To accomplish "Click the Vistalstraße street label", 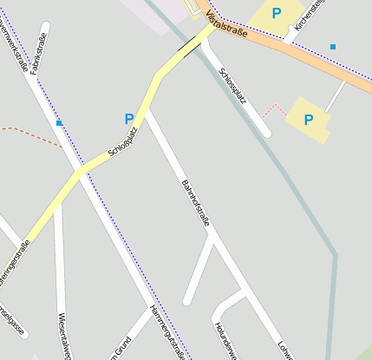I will [228, 29].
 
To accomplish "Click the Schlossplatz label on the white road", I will [233, 86].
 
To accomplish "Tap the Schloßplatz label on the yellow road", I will [122, 142].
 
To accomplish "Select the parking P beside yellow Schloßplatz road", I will [129, 119].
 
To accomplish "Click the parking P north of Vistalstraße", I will [277, 13].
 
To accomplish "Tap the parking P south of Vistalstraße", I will [308, 120].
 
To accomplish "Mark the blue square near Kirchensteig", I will [333, 46].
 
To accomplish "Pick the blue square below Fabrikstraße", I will [59, 123].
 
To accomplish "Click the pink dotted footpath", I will [274, 110].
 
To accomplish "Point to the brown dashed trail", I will [30, 132].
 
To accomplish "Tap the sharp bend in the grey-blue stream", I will [334, 255].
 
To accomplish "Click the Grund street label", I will [118, 349].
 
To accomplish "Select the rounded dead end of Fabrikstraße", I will [44, 28].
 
